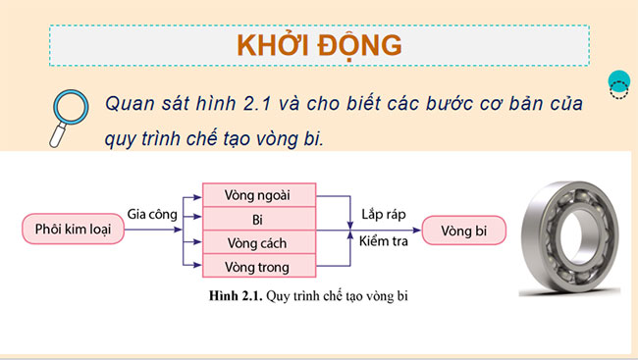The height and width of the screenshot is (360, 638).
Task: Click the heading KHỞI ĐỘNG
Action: (318, 45)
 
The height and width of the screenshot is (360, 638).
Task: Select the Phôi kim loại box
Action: (67, 231)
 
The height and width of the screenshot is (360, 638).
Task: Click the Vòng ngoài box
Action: (258, 194)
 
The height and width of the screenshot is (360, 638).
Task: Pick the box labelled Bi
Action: (258, 218)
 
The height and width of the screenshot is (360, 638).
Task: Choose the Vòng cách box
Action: (258, 241)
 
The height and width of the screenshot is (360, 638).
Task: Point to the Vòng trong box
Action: (258, 265)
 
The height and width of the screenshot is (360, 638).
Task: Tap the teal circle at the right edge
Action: (618, 84)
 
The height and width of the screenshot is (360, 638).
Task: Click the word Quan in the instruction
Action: (129, 102)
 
